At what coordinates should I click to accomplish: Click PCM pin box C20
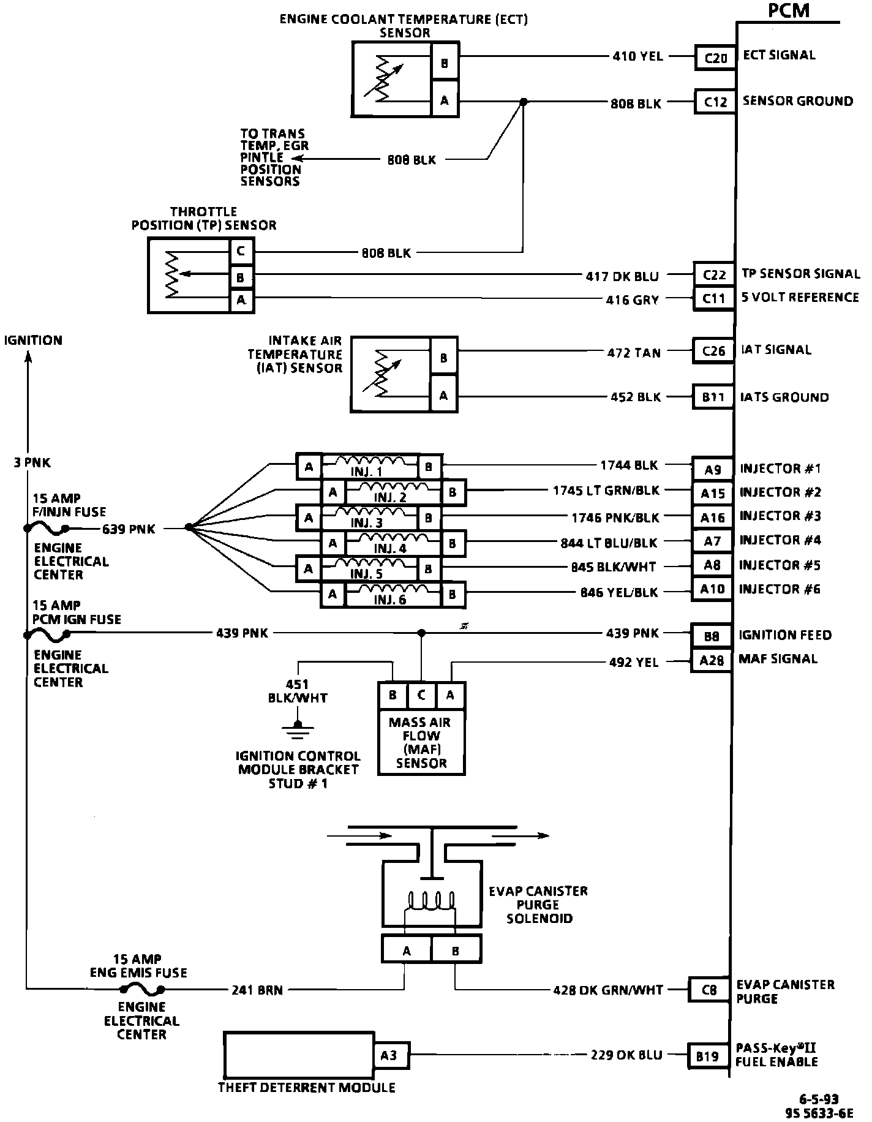tap(715, 58)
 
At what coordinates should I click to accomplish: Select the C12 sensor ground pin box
tap(715, 102)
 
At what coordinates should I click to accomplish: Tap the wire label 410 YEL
tap(637, 56)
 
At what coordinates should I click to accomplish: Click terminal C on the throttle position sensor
tap(242, 251)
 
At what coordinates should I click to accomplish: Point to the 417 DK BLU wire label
tap(622, 276)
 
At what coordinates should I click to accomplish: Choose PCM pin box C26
tap(713, 352)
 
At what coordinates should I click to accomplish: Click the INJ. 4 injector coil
tap(393, 543)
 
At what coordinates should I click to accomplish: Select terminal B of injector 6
tap(452, 594)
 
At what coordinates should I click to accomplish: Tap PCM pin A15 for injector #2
tap(712, 493)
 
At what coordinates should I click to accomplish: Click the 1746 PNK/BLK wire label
tap(615, 518)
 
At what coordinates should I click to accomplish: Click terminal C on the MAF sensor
tap(421, 695)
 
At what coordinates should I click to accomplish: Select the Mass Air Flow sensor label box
tap(421, 742)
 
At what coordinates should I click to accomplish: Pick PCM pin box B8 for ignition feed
tap(712, 636)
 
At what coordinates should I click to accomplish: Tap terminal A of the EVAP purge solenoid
tap(407, 951)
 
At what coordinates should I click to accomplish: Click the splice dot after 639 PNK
tap(187, 527)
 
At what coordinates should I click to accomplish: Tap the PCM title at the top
tap(788, 10)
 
